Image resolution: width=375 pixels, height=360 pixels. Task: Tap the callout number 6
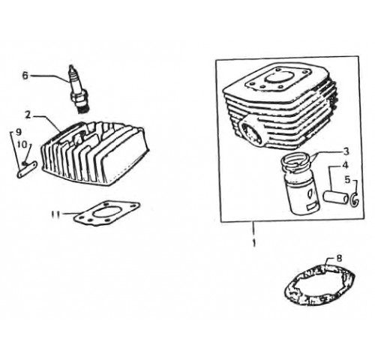click(25, 76)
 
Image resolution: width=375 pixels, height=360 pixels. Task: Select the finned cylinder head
click(95, 153)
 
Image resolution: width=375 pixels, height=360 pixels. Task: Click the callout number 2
click(28, 115)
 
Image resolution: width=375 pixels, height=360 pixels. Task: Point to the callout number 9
click(19, 132)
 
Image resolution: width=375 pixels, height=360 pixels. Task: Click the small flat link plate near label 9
click(27, 169)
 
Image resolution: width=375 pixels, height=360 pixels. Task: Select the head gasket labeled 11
click(107, 213)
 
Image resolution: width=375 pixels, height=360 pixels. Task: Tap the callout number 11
click(56, 214)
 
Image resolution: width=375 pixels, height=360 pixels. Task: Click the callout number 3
click(346, 151)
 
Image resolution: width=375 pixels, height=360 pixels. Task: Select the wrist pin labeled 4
click(335, 196)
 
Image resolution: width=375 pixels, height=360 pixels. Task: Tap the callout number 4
click(345, 165)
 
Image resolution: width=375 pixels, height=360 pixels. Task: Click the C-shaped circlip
click(355, 199)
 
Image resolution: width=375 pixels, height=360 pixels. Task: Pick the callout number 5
click(348, 180)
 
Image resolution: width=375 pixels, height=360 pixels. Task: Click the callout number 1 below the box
click(254, 242)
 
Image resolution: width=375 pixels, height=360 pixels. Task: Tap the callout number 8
click(339, 258)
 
